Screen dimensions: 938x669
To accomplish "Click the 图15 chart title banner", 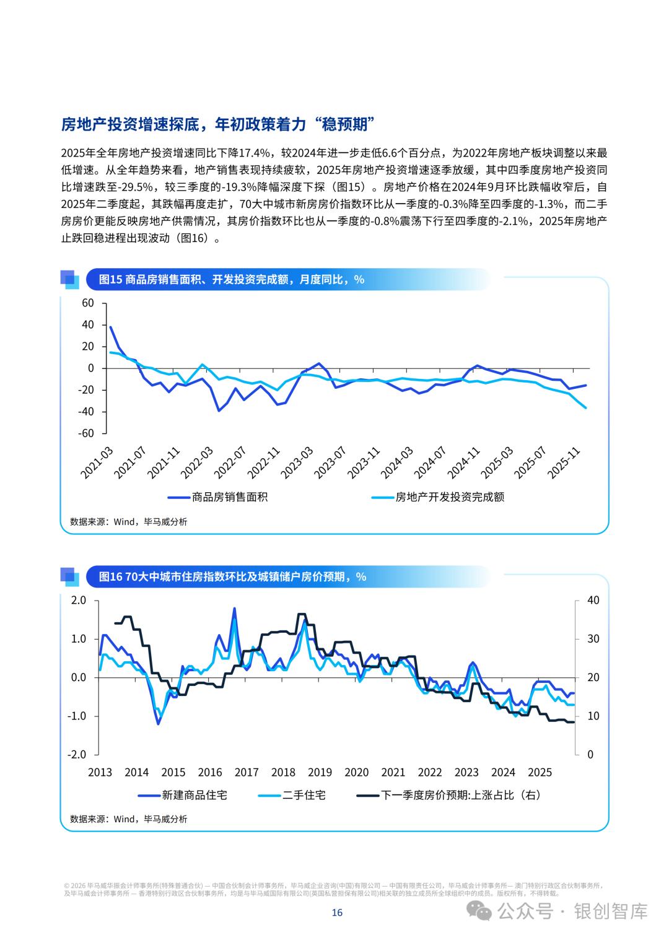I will click(232, 279).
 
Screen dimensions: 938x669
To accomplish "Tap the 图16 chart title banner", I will click(233, 576).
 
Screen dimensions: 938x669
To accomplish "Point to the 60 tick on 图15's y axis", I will click(87, 303).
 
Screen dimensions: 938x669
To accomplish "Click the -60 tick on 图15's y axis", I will click(85, 433).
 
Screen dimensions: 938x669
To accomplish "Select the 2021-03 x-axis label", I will click(97, 461).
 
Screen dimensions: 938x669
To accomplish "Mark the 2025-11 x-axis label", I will click(565, 461).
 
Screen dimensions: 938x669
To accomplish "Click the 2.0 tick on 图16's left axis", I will click(78, 601).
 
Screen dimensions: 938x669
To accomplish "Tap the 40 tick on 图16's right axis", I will click(593, 601).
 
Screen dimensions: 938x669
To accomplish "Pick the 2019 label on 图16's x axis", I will click(320, 772).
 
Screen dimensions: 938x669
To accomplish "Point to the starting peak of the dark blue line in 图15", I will click(110, 327).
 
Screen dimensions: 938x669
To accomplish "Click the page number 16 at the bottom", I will click(337, 912).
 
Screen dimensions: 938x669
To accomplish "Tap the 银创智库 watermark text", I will click(611, 911).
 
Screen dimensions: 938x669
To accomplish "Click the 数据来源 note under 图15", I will click(128, 522).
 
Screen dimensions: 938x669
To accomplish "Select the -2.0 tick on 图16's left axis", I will click(77, 755).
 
